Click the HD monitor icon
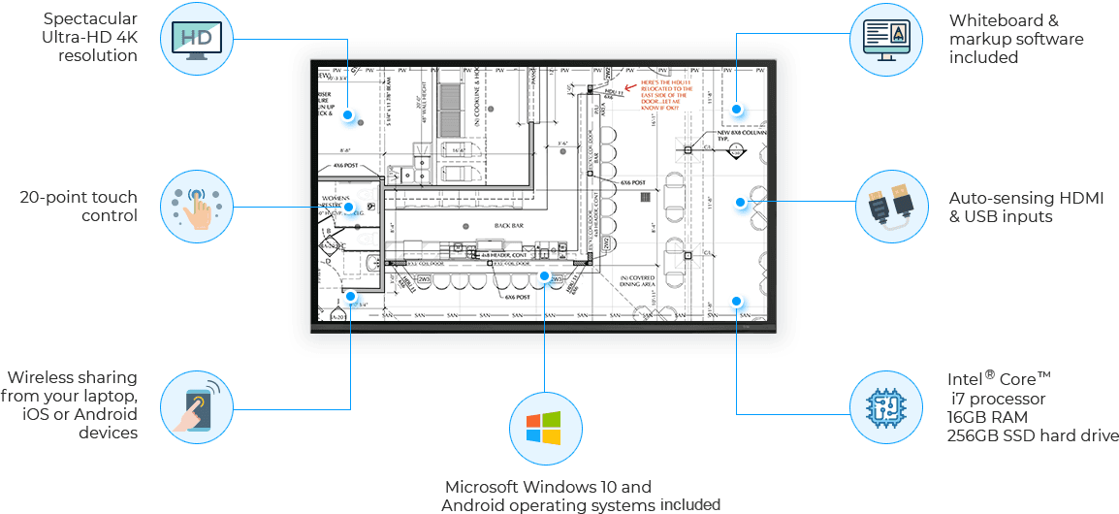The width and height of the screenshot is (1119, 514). [197, 39]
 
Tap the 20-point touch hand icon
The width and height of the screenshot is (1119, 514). [197, 206]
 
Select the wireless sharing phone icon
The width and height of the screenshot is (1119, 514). [197, 405]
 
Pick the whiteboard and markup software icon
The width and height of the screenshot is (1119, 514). [886, 39]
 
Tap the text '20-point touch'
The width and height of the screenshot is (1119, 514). [79, 197]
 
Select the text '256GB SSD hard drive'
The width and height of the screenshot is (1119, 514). [1033, 434]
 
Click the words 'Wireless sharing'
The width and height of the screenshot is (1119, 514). [73, 377]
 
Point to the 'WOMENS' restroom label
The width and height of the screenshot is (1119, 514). [335, 198]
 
